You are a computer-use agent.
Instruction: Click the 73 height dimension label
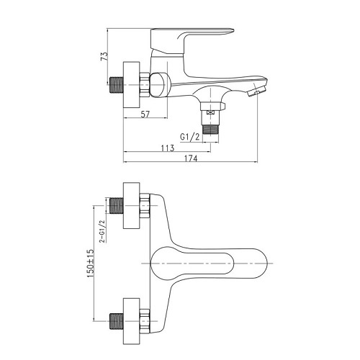point(104,57)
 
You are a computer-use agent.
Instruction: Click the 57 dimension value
point(145,114)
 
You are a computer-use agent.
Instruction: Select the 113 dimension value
point(167,148)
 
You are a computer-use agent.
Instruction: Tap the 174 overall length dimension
point(191,158)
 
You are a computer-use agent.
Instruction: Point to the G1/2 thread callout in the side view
point(190,137)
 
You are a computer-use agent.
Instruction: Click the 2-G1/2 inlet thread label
point(102,231)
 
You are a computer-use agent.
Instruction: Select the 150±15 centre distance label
point(91,264)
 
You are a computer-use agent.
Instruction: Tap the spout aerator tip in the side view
point(256,91)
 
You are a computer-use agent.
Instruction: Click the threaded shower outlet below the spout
point(211,129)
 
